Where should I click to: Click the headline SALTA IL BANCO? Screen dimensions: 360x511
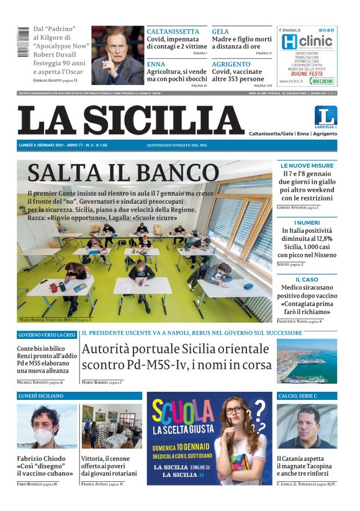(123, 173)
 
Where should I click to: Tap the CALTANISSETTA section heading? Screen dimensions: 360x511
(173, 32)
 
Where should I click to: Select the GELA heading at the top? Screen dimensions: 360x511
(220, 32)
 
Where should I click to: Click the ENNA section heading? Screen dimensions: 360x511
(156, 64)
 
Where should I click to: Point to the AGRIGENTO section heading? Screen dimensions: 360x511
(231, 64)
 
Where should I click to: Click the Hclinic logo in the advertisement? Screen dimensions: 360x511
(307, 42)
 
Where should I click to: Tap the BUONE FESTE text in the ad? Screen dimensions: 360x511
(307, 72)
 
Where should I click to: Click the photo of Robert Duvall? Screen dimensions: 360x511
(117, 55)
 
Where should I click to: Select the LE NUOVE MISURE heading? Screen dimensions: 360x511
(307, 166)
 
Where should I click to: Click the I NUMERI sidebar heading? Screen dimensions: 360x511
(307, 222)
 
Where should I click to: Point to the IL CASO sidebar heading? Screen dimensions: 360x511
(307, 279)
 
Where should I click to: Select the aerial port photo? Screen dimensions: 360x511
(307, 361)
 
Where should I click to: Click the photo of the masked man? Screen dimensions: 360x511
(47, 427)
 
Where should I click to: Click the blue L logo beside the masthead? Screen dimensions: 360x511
(325, 116)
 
